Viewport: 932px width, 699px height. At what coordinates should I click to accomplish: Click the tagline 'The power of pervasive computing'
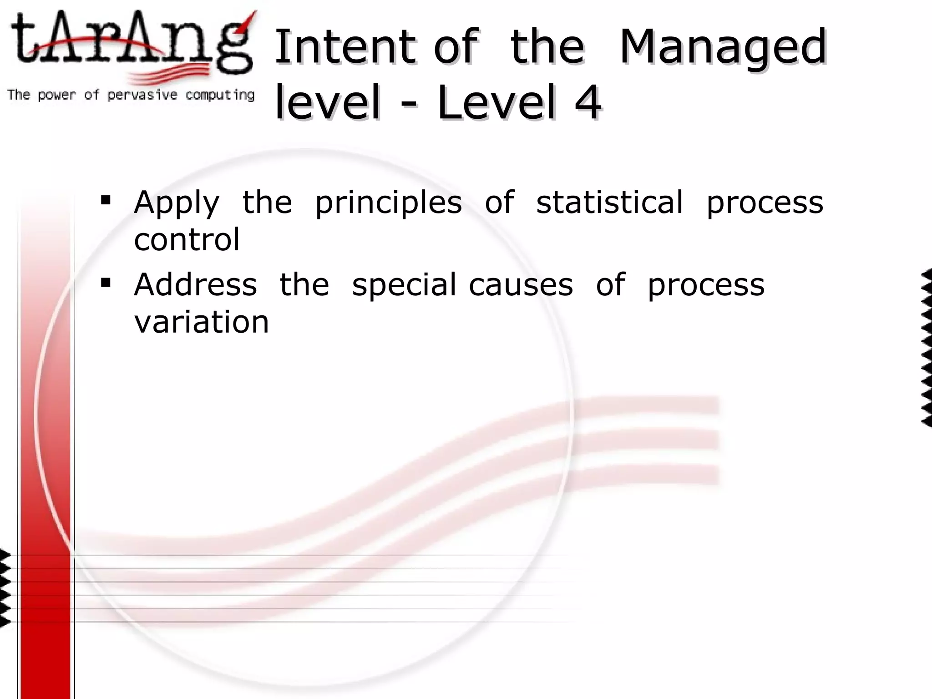coord(131,95)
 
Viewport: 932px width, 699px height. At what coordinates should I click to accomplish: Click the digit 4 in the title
coord(588,102)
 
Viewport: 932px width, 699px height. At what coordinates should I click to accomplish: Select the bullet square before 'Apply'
coord(106,200)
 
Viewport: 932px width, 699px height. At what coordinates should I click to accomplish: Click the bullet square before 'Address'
coord(106,283)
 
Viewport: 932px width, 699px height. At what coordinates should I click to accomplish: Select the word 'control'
coord(187,239)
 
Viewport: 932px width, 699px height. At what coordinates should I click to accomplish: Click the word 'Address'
coord(196,284)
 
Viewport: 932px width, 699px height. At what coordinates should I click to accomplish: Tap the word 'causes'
coord(521,285)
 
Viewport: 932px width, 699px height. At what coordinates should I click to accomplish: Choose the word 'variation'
coord(202,322)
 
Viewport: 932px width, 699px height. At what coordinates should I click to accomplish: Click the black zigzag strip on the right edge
coord(927,348)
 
